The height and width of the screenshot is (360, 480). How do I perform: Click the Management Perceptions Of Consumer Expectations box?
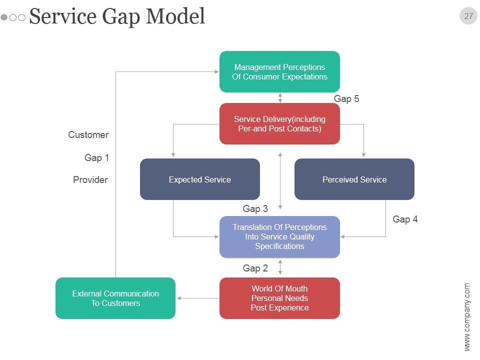click(x=279, y=71)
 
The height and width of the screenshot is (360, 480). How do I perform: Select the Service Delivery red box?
click(x=279, y=123)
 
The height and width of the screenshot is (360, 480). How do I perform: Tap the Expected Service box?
click(x=200, y=179)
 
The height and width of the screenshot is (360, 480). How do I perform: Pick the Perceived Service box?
click(x=354, y=179)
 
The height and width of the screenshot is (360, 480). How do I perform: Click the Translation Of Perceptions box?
click(x=279, y=236)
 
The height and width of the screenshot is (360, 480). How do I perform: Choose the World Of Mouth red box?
click(x=279, y=298)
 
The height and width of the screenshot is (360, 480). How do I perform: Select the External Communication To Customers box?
click(x=115, y=298)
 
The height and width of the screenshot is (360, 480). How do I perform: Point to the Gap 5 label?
click(x=346, y=99)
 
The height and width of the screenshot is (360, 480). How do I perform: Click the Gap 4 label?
click(x=405, y=219)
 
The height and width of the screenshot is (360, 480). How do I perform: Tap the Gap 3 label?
click(x=255, y=209)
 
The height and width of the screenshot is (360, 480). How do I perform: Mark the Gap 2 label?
click(x=255, y=268)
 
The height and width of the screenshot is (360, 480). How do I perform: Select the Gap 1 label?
click(x=96, y=158)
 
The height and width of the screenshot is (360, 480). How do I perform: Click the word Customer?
click(x=88, y=134)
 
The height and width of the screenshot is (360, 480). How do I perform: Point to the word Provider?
click(x=90, y=179)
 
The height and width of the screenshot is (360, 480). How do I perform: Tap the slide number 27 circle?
click(x=468, y=16)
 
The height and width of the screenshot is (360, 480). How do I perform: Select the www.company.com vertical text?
click(x=467, y=317)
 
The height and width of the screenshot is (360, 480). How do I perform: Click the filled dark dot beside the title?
click(x=4, y=17)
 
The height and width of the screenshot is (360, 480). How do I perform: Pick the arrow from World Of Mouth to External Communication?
click(x=198, y=298)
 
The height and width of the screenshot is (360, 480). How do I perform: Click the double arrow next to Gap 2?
click(x=280, y=267)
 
